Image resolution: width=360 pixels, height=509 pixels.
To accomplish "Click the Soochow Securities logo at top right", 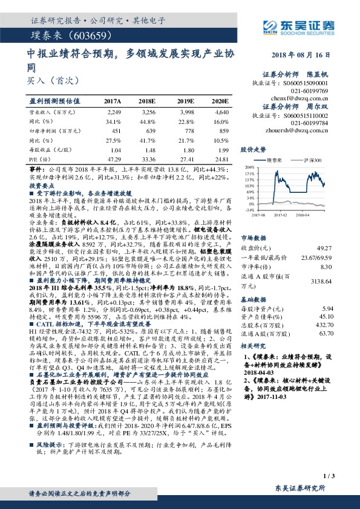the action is (x=299, y=27).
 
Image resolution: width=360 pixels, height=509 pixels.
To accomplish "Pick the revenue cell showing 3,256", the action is (x=148, y=112).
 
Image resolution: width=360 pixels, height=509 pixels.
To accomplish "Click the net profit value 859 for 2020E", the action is (x=224, y=131).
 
